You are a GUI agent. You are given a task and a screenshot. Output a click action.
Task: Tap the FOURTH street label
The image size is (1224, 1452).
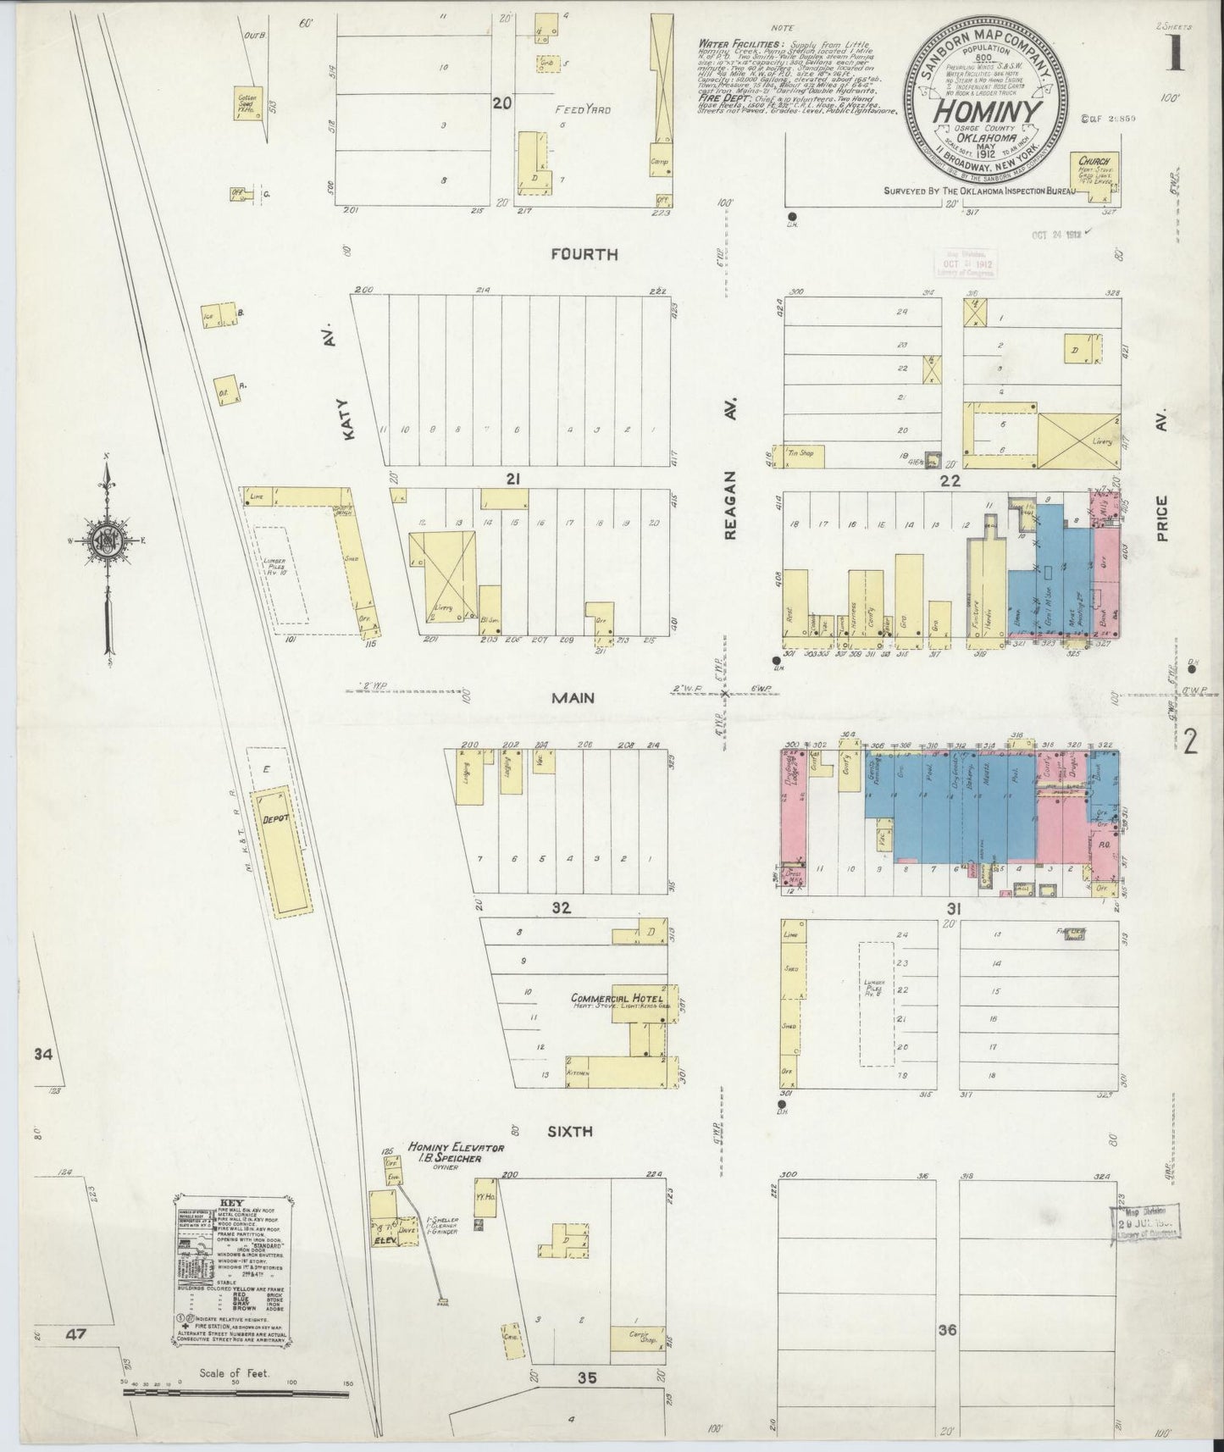[584, 254]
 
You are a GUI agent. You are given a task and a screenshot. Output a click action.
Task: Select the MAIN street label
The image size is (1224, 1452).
[573, 698]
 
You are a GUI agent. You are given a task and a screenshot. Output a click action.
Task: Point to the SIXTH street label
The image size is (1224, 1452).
[570, 1131]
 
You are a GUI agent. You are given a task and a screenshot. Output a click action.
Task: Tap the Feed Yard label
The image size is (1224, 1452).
[584, 110]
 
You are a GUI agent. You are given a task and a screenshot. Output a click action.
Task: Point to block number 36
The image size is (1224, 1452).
[947, 1330]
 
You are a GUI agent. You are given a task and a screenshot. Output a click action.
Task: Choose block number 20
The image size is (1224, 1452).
[503, 103]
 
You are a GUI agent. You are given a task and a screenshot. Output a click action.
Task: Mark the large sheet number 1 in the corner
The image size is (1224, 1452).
[1175, 53]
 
